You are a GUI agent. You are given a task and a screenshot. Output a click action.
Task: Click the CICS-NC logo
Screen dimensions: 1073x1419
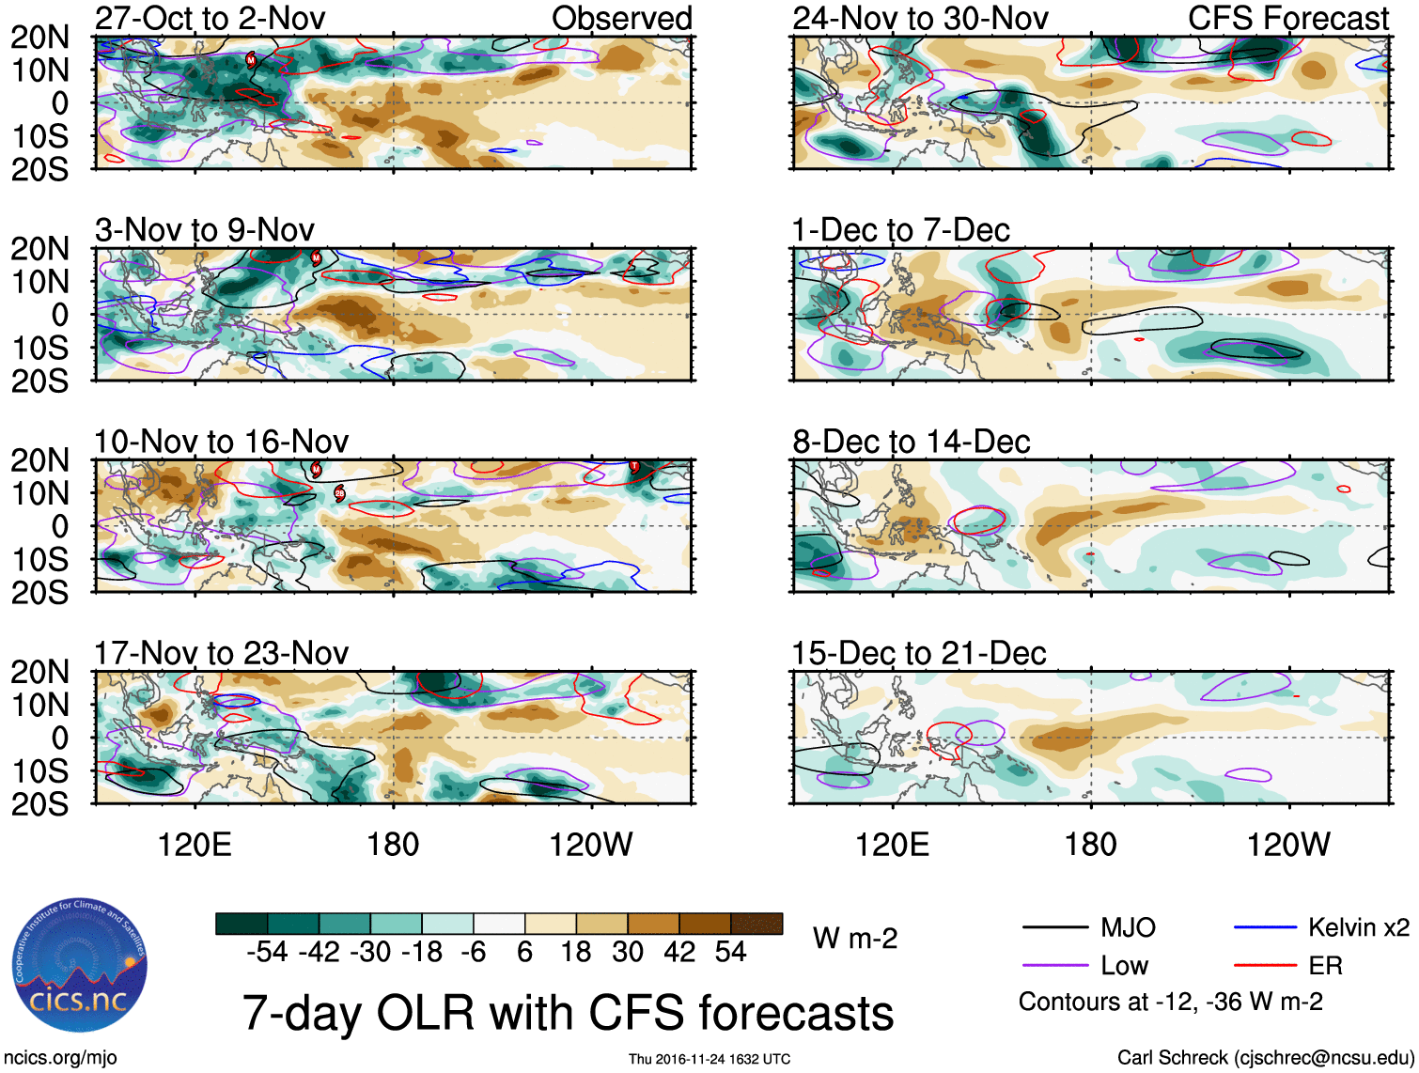pos(80,965)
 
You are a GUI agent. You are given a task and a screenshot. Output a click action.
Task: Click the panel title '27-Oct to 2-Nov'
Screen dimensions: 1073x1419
pos(210,18)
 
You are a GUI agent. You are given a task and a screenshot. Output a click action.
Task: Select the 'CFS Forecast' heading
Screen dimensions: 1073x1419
pos(1287,18)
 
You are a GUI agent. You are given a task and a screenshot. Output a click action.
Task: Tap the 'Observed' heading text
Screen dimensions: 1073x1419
pos(621,18)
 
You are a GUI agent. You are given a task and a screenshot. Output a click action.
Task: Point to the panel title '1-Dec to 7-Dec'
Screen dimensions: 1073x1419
pos(900,230)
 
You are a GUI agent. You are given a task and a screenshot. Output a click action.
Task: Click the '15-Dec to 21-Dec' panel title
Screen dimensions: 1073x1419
pos(918,653)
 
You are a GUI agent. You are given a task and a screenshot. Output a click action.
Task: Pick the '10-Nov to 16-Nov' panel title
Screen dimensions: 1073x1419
pos(221,442)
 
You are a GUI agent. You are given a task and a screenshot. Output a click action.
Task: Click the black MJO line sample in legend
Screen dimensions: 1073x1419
pos(1054,928)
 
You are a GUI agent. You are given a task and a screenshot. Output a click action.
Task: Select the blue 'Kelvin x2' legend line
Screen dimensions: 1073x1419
pos(1265,928)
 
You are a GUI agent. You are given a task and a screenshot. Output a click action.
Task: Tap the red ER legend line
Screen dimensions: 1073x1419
pos(1265,965)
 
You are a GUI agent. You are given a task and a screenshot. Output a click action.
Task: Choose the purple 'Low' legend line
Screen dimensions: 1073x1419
pos(1054,965)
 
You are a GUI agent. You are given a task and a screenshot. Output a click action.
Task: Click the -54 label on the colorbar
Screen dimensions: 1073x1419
pos(267,953)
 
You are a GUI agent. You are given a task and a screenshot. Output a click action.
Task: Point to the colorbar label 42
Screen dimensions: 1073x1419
pos(679,953)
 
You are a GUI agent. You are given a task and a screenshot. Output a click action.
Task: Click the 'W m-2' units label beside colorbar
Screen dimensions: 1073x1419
pos(855,939)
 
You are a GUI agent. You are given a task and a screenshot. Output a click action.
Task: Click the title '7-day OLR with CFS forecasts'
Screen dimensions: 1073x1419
pos(568,1013)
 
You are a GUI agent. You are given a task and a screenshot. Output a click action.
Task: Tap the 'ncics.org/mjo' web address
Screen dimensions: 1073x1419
pos(61,1058)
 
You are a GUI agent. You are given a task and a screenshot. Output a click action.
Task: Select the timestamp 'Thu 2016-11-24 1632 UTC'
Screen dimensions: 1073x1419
pos(709,1059)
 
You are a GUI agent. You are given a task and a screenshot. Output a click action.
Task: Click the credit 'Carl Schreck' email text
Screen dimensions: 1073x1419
pos(1265,1058)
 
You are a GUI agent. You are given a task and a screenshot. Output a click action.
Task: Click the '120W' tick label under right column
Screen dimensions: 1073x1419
pos(1287,845)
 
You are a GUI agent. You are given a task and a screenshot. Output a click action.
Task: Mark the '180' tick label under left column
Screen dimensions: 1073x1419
pos(393,845)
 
